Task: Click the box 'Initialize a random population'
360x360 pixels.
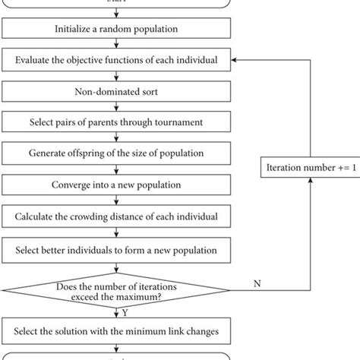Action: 115,30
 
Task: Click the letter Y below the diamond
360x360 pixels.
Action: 125,311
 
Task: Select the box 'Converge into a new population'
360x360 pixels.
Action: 115,185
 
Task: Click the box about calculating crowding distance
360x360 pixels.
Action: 115,216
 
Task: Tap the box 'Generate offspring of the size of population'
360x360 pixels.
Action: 115,154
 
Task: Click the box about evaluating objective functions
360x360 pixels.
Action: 115,61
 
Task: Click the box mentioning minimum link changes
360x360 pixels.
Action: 115,331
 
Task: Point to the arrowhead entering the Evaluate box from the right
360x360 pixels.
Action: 235,60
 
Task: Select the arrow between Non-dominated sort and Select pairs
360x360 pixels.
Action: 115,107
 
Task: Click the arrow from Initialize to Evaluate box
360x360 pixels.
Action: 115,45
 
